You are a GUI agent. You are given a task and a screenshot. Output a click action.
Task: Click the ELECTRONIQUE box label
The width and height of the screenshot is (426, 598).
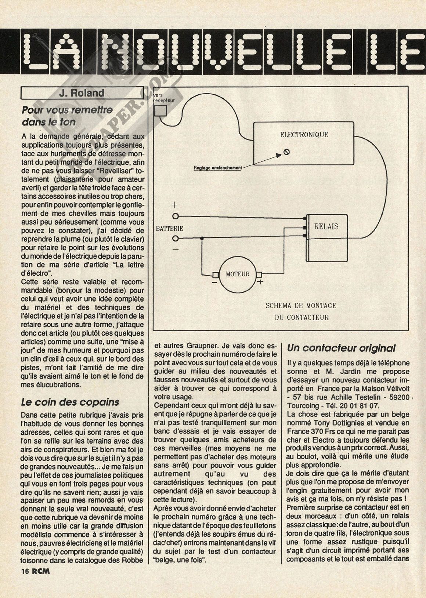click(304, 135)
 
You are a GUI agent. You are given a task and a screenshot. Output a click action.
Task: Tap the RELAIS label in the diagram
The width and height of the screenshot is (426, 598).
click(326, 226)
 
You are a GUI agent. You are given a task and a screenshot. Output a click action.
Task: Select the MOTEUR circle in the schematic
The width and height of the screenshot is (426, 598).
click(237, 274)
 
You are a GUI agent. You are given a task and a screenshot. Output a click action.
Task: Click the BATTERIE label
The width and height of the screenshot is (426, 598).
click(170, 228)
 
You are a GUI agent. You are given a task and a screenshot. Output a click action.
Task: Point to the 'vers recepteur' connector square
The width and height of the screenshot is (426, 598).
click(160, 110)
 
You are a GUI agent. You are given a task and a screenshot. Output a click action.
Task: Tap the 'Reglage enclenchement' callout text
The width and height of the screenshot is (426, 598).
click(218, 168)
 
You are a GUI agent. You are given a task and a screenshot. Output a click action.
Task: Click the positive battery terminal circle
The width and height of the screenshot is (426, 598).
click(176, 216)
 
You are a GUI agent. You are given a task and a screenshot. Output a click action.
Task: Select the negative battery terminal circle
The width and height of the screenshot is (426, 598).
click(176, 239)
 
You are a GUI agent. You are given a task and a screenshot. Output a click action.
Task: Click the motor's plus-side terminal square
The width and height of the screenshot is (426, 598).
click(259, 274)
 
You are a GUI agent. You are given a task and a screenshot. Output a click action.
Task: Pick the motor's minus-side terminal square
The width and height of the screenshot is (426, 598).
click(216, 274)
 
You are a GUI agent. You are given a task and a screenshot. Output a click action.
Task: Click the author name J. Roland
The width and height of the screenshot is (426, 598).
click(82, 93)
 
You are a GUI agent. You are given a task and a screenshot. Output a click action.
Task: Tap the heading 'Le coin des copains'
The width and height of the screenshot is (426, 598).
click(70, 402)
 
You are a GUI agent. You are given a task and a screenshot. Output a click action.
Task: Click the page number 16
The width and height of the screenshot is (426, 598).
click(25, 571)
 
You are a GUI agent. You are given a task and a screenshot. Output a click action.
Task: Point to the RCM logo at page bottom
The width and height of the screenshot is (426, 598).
click(40, 571)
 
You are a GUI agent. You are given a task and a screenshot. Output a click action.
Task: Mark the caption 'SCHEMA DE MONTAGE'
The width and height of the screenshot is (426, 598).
click(301, 306)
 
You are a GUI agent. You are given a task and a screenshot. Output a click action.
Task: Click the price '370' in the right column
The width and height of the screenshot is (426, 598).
click(315, 431)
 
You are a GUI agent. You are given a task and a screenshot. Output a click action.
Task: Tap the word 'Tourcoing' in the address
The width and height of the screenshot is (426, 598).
click(302, 406)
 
